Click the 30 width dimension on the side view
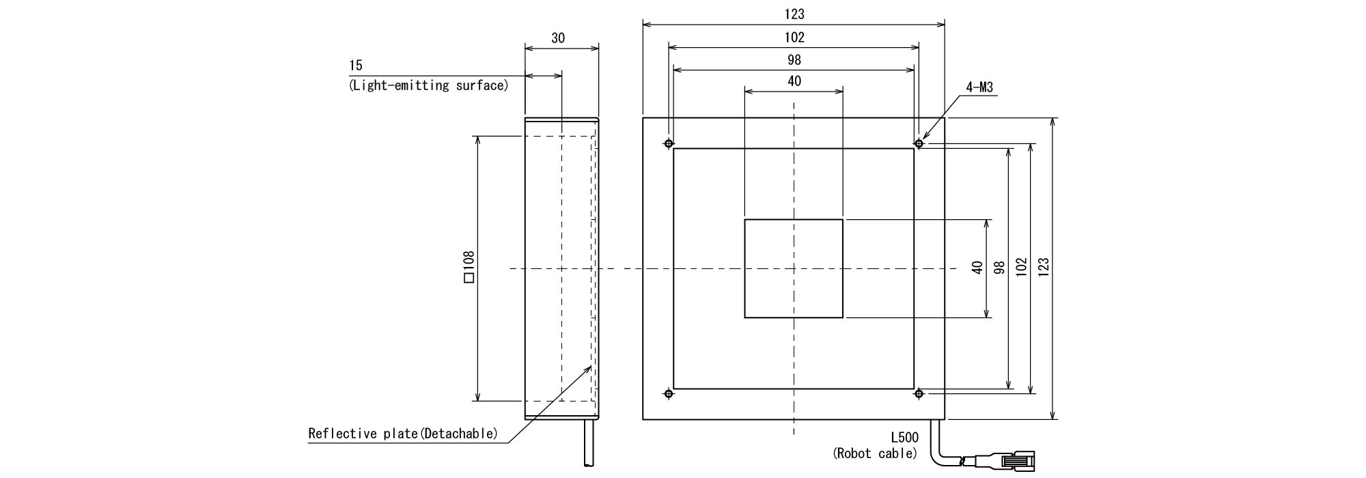[x=558, y=38]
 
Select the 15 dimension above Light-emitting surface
[x=355, y=66]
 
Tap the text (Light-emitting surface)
[x=428, y=86]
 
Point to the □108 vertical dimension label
[x=469, y=267]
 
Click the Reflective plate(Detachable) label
[x=402, y=434]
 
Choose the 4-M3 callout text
[x=979, y=87]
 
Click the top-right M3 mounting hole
[x=919, y=143]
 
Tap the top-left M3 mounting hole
[x=668, y=143]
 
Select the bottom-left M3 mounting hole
[x=668, y=393]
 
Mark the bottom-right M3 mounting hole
[x=919, y=393]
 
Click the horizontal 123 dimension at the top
[x=794, y=14]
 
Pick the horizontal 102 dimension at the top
[x=794, y=38]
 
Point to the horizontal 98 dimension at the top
[x=794, y=60]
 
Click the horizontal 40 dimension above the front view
[x=794, y=81]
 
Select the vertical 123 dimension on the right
[x=1043, y=267]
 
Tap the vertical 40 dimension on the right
[x=977, y=267]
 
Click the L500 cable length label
[x=904, y=438]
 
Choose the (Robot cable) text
[x=875, y=453]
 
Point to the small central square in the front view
[x=794, y=268]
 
